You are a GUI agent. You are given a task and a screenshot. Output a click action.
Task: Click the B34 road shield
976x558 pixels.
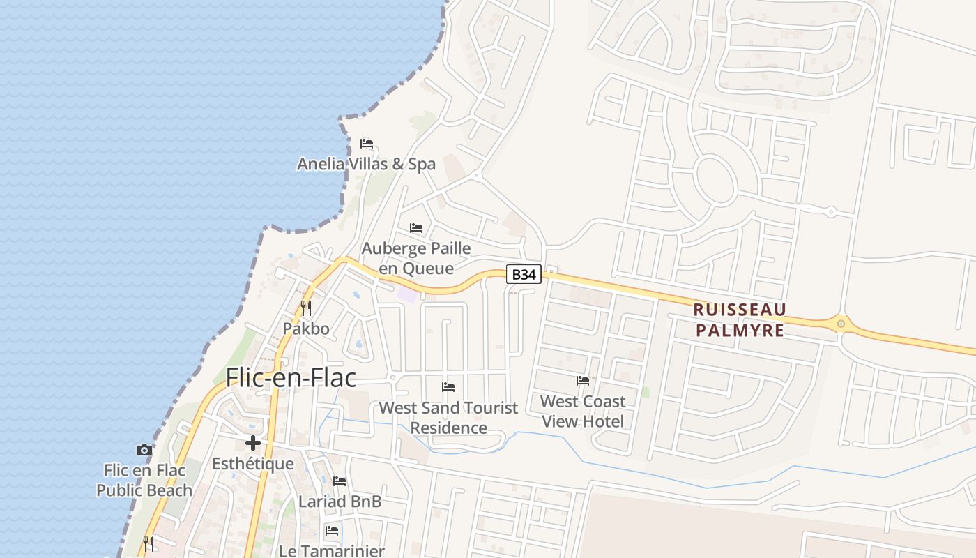coord(524,275)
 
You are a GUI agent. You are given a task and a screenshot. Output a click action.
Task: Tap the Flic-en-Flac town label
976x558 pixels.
coord(291,378)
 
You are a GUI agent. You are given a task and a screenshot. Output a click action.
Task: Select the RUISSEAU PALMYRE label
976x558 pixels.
coord(740,319)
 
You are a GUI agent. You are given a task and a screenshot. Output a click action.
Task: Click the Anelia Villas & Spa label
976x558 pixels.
coord(366,164)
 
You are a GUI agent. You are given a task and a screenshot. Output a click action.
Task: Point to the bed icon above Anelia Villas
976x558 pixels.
coord(367,144)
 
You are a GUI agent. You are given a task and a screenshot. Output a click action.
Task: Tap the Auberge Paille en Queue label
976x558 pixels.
coord(416,258)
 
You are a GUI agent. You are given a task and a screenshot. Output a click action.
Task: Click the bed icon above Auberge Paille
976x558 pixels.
coord(416,228)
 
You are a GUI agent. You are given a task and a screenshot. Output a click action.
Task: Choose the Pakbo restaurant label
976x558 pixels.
coord(305,328)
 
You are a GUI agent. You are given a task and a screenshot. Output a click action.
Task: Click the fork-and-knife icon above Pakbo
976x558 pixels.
coord(305,307)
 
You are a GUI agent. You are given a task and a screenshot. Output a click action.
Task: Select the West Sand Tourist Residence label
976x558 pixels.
coord(448,417)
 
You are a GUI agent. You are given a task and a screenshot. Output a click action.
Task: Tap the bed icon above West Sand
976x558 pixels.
coord(448,387)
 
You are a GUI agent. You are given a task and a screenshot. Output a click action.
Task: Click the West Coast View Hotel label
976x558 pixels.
coord(583,411)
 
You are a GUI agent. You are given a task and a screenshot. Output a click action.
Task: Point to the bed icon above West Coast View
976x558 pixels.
coord(583,381)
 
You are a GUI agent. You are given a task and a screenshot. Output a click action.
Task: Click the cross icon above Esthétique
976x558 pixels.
coord(252,443)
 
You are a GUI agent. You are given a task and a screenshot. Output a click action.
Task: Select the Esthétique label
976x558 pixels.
coord(252,464)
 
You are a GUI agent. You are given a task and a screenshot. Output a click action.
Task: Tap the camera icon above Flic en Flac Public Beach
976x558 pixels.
coord(144,451)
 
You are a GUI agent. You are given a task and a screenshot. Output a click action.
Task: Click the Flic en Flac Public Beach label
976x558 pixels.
coord(144,480)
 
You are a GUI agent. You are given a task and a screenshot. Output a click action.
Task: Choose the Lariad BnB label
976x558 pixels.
coord(340,502)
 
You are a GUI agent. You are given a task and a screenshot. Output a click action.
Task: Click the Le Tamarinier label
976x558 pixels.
coord(332,550)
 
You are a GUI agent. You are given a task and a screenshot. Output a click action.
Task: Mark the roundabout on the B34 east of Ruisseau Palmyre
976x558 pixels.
coord(841,324)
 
